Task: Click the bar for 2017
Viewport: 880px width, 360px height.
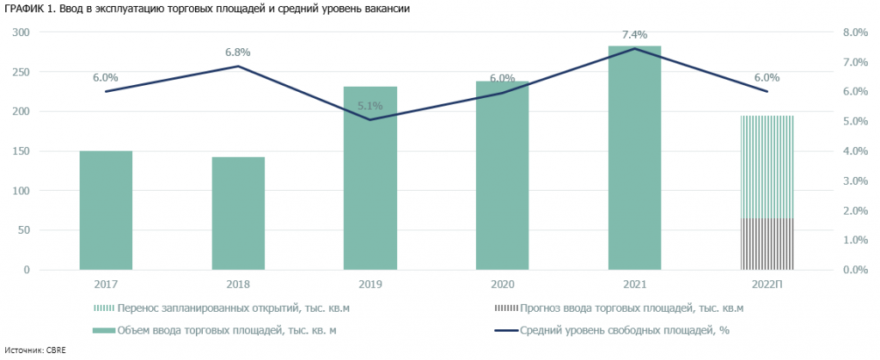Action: click(106, 211)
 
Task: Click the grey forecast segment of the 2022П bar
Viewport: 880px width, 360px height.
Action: click(767, 244)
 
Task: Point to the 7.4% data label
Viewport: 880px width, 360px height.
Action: click(634, 34)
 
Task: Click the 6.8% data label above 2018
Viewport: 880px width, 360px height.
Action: click(238, 52)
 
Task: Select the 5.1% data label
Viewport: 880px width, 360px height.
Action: click(370, 107)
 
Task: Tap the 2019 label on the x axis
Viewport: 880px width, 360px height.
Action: click(370, 284)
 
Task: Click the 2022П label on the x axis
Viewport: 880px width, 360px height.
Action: click(767, 284)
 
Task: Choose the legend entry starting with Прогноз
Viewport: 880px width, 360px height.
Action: click(631, 308)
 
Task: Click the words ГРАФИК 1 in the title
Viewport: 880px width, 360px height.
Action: click(33, 9)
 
